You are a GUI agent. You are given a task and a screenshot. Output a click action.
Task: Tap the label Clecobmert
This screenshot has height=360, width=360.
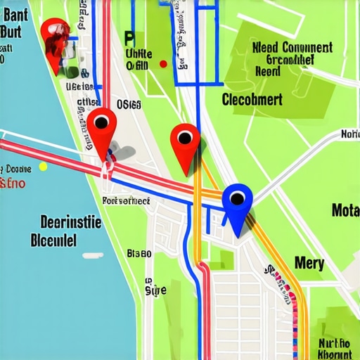252,99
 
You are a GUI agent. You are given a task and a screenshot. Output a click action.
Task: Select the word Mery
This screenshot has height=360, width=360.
309,263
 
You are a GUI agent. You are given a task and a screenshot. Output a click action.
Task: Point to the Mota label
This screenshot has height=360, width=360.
345,210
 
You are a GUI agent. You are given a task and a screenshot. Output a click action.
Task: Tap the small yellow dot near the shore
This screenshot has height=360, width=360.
43,167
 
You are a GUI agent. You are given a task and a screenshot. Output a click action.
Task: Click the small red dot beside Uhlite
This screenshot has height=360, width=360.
163,64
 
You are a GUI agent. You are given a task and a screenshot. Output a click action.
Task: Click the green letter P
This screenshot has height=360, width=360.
129,37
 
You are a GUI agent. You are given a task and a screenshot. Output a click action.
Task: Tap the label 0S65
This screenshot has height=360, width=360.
129,105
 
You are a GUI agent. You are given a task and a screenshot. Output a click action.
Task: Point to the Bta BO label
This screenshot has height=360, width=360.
139,253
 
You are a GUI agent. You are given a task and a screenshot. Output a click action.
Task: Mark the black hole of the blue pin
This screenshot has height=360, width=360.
237,198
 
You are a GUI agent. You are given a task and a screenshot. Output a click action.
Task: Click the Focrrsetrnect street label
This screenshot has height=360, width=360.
126,200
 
